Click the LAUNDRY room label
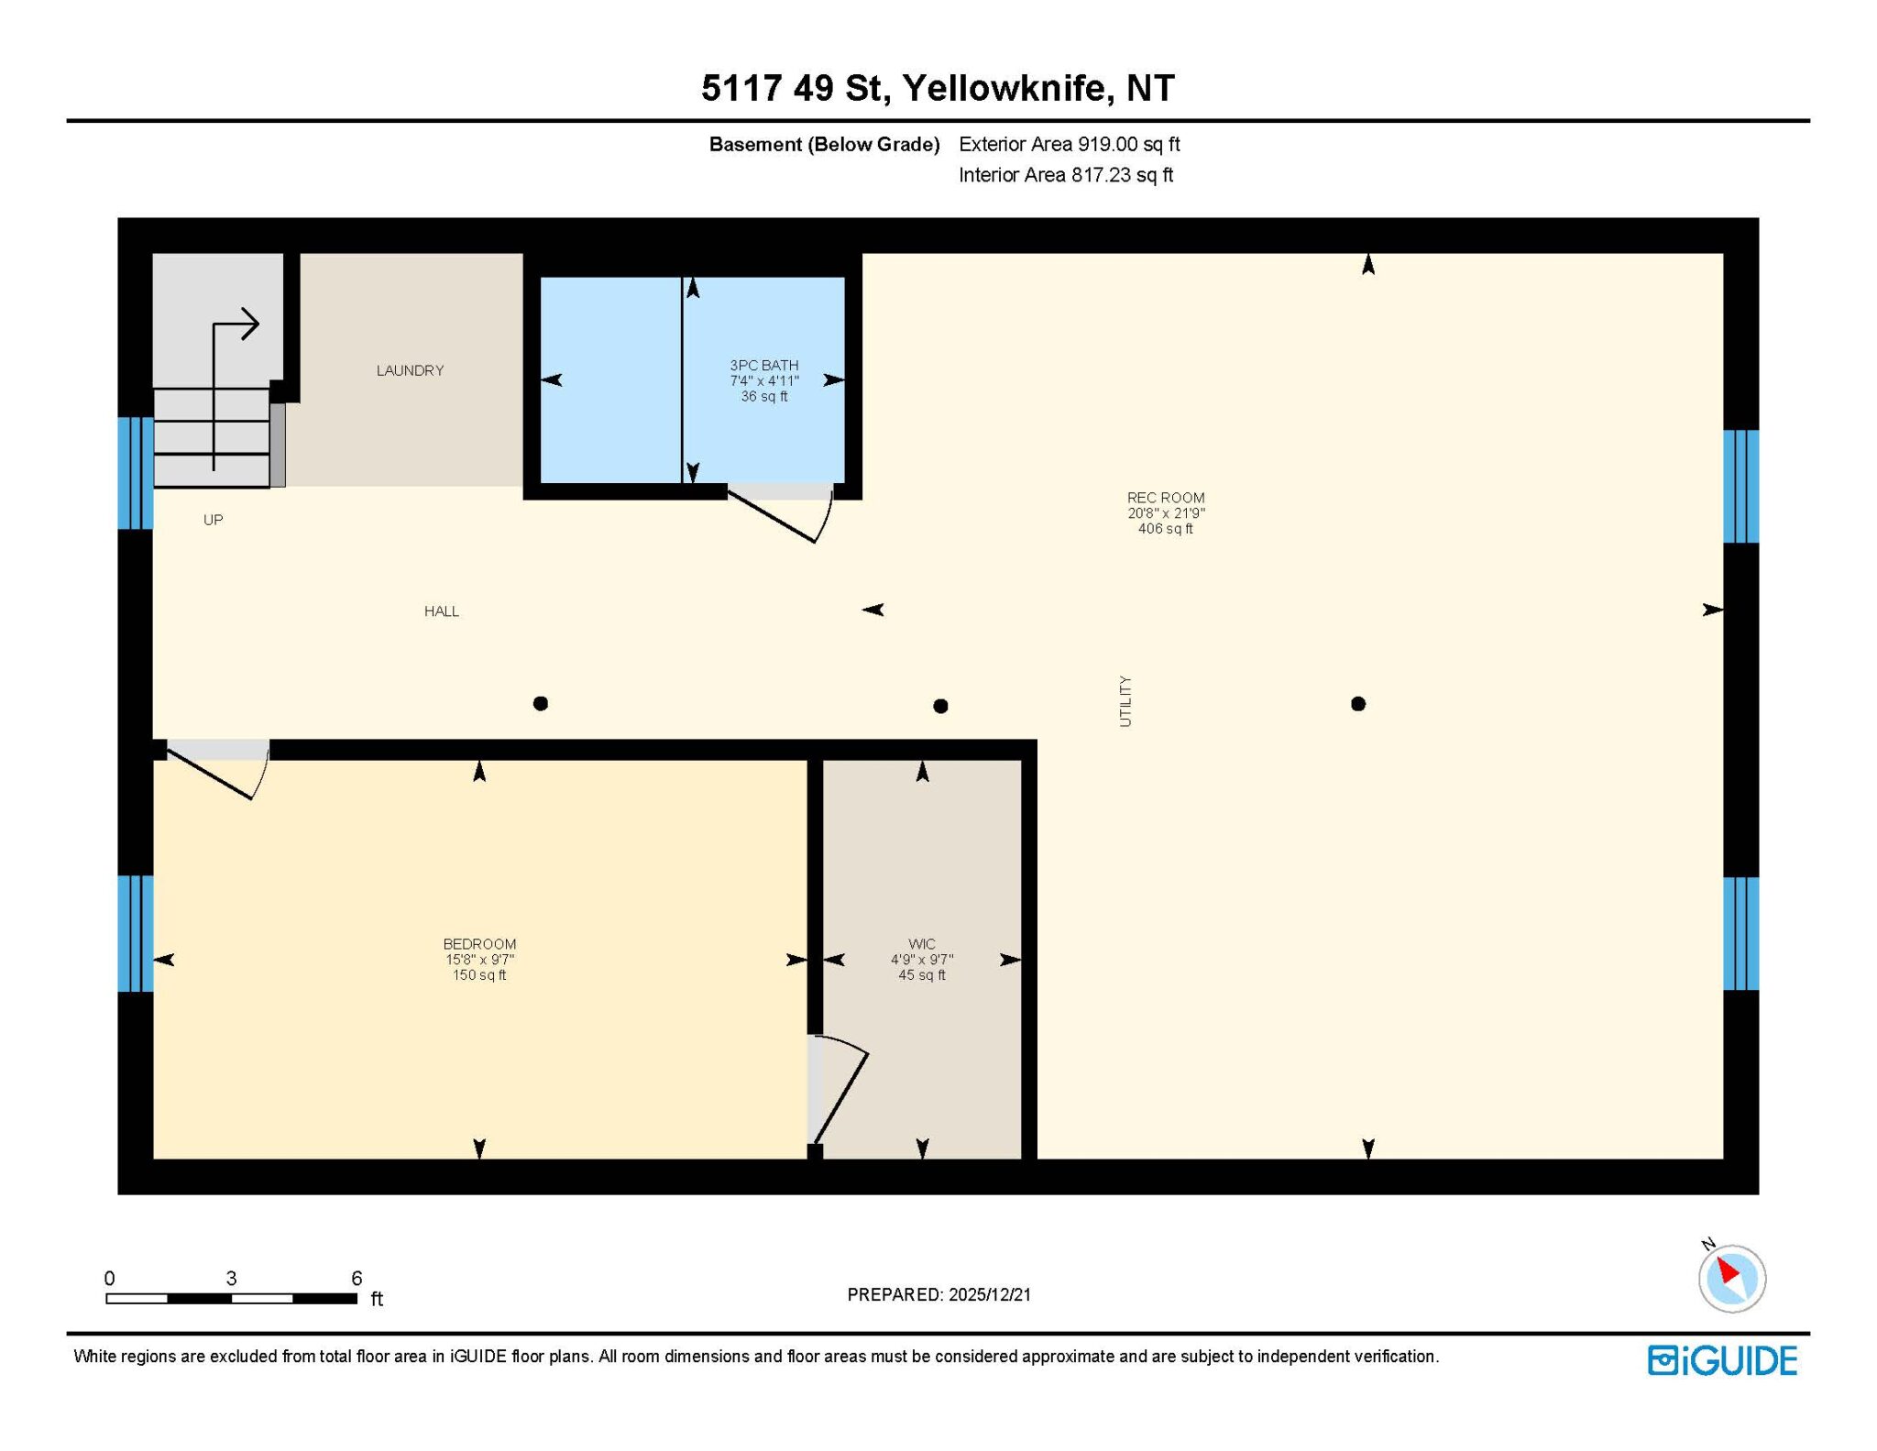coord(410,370)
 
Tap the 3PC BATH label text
coord(764,365)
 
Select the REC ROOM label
coord(1166,498)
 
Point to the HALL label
coord(441,611)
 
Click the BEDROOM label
coord(479,944)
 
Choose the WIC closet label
coord(922,944)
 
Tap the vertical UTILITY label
coord(1125,701)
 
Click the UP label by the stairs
coord(213,520)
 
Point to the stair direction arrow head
coord(250,324)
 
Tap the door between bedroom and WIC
coord(839,1090)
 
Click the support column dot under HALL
coord(541,704)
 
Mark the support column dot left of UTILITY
coord(940,706)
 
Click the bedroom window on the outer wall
coord(136,934)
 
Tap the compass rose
coord(1731,1278)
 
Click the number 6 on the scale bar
coord(357,1278)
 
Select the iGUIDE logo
coord(1722,1360)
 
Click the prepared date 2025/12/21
coord(990,1294)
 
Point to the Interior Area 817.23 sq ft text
coord(1066,175)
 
